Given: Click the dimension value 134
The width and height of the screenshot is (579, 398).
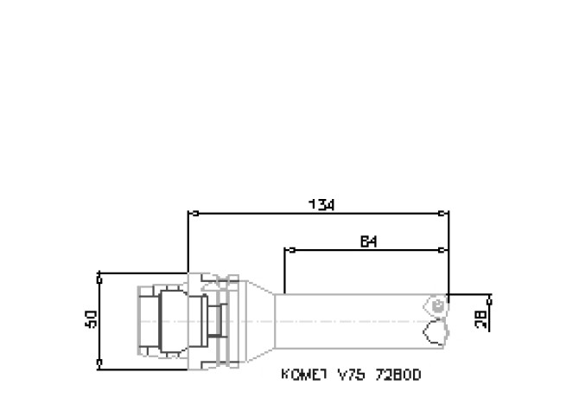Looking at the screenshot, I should pyautogui.click(x=321, y=204).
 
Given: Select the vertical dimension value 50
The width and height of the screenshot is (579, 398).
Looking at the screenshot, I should pyautogui.click(x=91, y=319).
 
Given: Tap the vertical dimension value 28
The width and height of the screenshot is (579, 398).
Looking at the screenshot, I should pyautogui.click(x=481, y=318).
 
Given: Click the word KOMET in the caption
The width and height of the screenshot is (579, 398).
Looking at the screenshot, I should pyautogui.click(x=301, y=376).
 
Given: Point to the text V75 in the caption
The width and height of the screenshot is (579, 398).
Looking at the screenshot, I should pyautogui.click(x=347, y=376).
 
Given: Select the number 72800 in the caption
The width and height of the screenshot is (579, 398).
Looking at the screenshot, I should pyautogui.click(x=393, y=376).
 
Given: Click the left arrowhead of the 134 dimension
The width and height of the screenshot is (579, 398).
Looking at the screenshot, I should pyautogui.click(x=192, y=213).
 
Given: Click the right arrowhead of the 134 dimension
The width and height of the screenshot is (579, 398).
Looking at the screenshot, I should pyautogui.click(x=445, y=213).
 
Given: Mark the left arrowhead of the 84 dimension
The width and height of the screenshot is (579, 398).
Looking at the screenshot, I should pyautogui.click(x=289, y=251).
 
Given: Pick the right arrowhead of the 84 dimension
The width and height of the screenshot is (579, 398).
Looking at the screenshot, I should pyautogui.click(x=445, y=251).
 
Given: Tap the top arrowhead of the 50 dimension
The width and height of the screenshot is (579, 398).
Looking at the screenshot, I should pyautogui.click(x=99, y=276).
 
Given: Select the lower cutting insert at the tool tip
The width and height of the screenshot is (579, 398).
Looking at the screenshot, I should pyautogui.click(x=436, y=331).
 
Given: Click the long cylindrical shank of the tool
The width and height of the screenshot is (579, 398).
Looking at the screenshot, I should pyautogui.click(x=354, y=321).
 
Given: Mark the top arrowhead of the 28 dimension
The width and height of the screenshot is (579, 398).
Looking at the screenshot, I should pyautogui.click(x=490, y=299).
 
